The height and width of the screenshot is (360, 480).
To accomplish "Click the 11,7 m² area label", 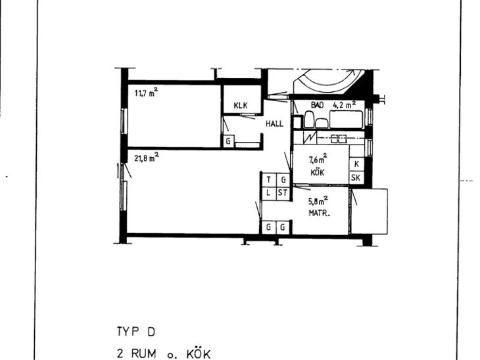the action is (x=147, y=92).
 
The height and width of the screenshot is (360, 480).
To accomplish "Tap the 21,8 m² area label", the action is (x=147, y=158).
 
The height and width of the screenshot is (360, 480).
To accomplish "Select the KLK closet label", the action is (x=241, y=106).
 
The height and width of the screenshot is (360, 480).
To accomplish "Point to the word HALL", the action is (x=274, y=124).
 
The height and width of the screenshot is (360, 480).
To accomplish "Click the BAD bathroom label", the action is (x=318, y=105).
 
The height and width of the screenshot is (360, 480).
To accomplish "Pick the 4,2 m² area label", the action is (x=345, y=104).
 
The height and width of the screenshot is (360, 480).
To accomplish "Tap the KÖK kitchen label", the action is (x=318, y=173).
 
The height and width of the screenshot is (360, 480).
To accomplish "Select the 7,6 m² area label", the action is (x=318, y=159).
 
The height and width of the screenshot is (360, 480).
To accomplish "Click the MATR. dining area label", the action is (x=320, y=213).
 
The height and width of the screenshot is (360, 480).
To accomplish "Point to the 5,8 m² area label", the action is (x=318, y=201).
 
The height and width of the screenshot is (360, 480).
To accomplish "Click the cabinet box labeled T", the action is (x=269, y=179).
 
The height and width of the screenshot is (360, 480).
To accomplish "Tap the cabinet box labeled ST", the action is (x=283, y=193).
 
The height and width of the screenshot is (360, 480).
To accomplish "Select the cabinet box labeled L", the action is (x=269, y=193).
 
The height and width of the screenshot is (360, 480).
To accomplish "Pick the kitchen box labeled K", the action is (x=356, y=164).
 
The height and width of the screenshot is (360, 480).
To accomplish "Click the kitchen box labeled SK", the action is (x=356, y=178).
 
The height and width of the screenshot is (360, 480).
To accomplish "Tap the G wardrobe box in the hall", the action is (x=228, y=141).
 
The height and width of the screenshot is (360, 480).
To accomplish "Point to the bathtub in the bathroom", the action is (x=347, y=120).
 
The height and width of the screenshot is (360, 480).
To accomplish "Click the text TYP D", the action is (x=136, y=332).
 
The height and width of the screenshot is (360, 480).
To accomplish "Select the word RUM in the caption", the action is (x=143, y=354).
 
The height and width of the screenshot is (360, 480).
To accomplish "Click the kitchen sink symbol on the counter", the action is (x=339, y=139).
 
